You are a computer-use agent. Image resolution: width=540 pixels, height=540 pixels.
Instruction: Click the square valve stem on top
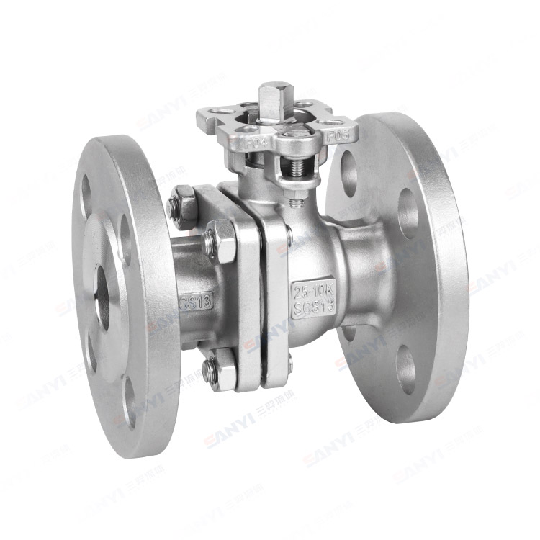pos(271,99)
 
